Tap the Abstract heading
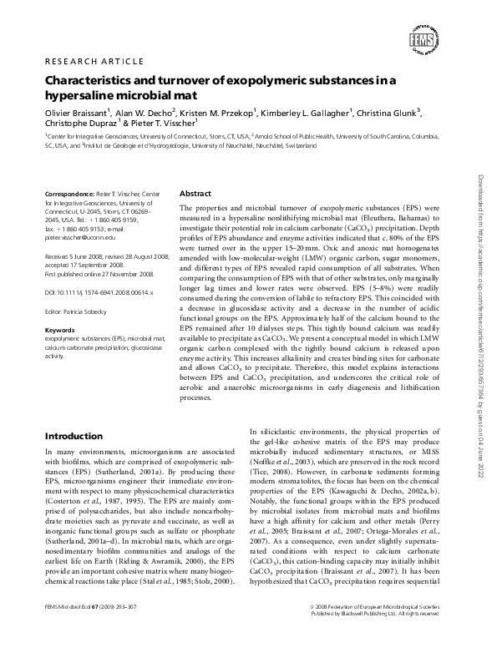pos(195,192)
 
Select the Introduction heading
pos(74,436)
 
